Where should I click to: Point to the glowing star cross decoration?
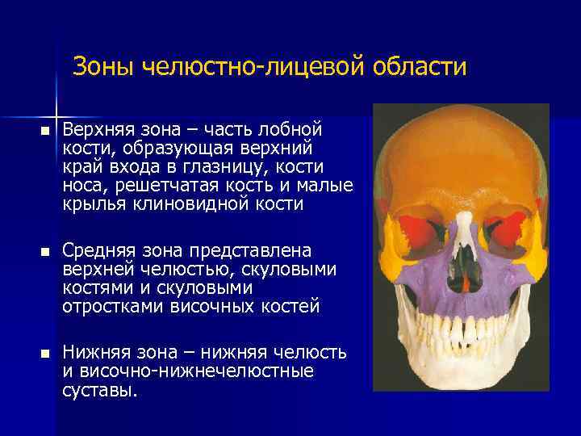tap(57, 111)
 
